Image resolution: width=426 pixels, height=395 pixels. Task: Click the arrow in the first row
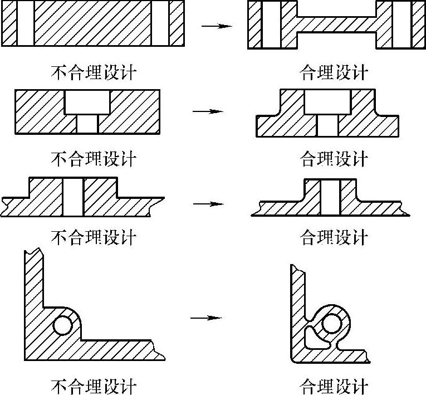(216, 26)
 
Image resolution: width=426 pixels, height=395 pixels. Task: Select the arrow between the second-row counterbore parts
(208, 111)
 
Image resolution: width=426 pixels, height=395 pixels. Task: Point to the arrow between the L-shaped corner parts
(206, 318)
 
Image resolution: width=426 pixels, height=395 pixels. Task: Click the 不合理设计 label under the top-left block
(94, 73)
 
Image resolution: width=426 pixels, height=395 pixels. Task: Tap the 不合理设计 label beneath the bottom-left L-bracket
(94, 386)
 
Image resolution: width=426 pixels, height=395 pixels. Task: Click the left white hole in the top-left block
(25, 23)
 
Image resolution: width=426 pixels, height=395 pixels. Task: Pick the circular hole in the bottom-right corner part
(332, 323)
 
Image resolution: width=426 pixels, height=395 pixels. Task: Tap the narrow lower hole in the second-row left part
(87, 124)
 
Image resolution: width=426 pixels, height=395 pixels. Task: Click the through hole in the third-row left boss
(73, 197)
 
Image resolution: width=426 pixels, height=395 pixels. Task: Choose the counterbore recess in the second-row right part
(327, 102)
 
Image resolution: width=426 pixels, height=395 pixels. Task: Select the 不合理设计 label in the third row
(94, 238)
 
